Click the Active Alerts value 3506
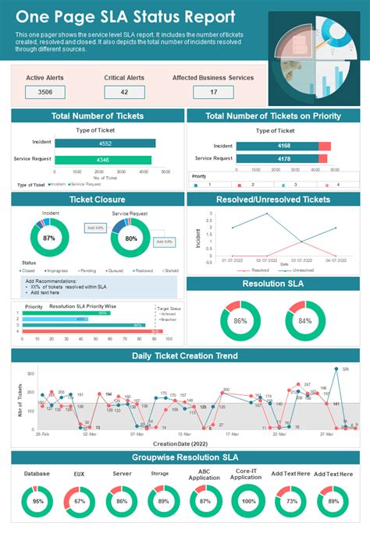pos(45,92)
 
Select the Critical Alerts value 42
pos(124,92)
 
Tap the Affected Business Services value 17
pos(213,92)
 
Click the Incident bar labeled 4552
pos(105,143)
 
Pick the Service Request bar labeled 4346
pos(101,160)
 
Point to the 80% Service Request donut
pos(130,238)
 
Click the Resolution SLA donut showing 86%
pos(240,320)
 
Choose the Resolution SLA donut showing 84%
pos(305,320)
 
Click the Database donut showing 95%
pos(37,502)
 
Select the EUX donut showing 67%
pos(79,502)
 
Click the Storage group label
pos(159,473)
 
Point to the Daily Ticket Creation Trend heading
pos(184,356)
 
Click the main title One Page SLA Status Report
pos(125,16)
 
